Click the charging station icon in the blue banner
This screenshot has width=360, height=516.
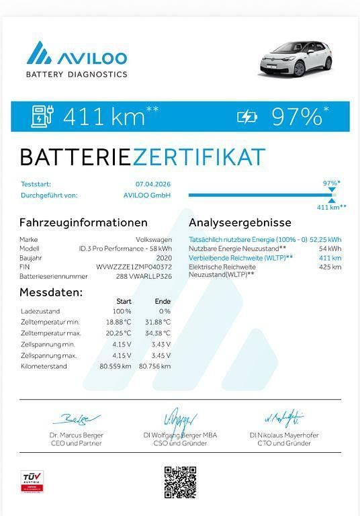tap(42, 116)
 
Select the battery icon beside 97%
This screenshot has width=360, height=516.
tap(247, 118)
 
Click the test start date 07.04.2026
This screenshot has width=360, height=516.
tap(153, 183)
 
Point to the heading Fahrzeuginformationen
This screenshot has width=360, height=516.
tap(83, 222)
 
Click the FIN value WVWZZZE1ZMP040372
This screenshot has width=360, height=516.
tap(134, 267)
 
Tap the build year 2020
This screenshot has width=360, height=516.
tap(163, 257)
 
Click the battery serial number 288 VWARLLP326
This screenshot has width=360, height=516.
tap(143, 275)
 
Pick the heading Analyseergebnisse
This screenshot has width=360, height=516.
tap(240, 222)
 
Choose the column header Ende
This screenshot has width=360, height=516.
tap(163, 301)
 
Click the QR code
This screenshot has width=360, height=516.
tap(180, 481)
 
